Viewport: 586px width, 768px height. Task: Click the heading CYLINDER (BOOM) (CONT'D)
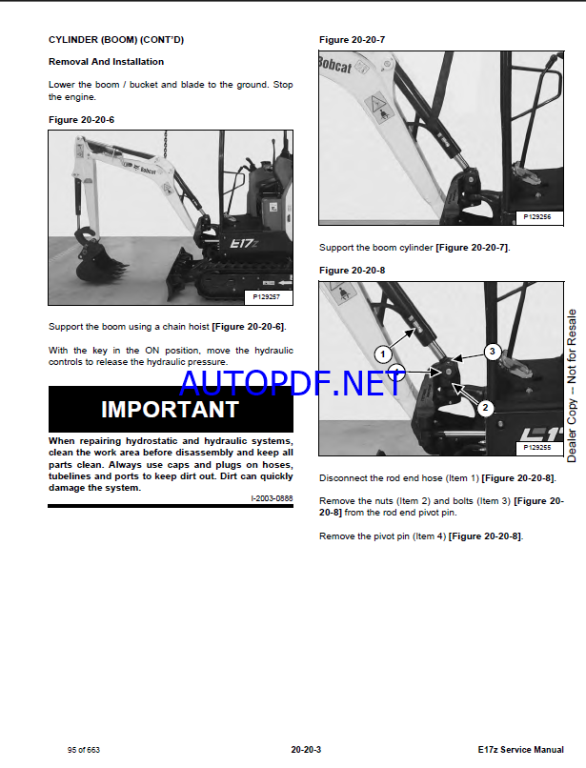pyautogui.click(x=116, y=40)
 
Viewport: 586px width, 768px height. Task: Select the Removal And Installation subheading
pyautogui.click(x=106, y=62)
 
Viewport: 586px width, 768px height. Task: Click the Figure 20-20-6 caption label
pyautogui.click(x=81, y=120)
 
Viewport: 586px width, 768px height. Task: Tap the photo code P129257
pyautogui.click(x=266, y=297)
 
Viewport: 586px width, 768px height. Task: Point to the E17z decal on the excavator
pyautogui.click(x=244, y=243)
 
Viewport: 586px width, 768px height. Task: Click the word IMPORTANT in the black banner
pyautogui.click(x=170, y=410)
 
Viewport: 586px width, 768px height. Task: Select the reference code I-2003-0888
pyautogui.click(x=272, y=498)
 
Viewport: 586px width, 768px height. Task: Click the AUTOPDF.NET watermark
pyautogui.click(x=293, y=383)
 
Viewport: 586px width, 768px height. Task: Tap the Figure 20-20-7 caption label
pyautogui.click(x=352, y=40)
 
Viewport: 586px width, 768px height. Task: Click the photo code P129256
pyautogui.click(x=537, y=217)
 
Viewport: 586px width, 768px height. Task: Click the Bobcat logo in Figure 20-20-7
pyautogui.click(x=335, y=65)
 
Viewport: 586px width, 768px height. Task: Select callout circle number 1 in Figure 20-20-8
pyautogui.click(x=383, y=354)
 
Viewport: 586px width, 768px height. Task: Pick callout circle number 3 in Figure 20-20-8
pyautogui.click(x=493, y=352)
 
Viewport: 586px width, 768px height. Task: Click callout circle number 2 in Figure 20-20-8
pyautogui.click(x=486, y=408)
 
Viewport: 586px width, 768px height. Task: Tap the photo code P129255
pyautogui.click(x=537, y=447)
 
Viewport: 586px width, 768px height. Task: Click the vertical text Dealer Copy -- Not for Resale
pyautogui.click(x=572, y=386)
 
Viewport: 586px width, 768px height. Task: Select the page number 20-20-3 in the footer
pyautogui.click(x=306, y=749)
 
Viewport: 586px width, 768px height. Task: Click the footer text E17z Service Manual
pyautogui.click(x=521, y=749)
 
